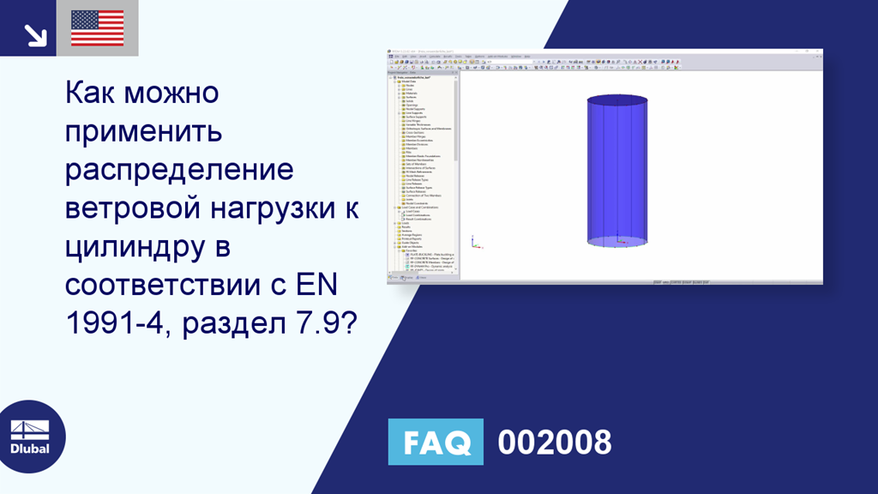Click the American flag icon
[x=97, y=28]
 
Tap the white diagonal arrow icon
[x=35, y=34]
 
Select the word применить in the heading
[x=143, y=131]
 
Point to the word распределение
[x=179, y=170]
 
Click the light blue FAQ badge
[x=436, y=442]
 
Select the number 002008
[x=555, y=442]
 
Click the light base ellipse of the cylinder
[x=617, y=243]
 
